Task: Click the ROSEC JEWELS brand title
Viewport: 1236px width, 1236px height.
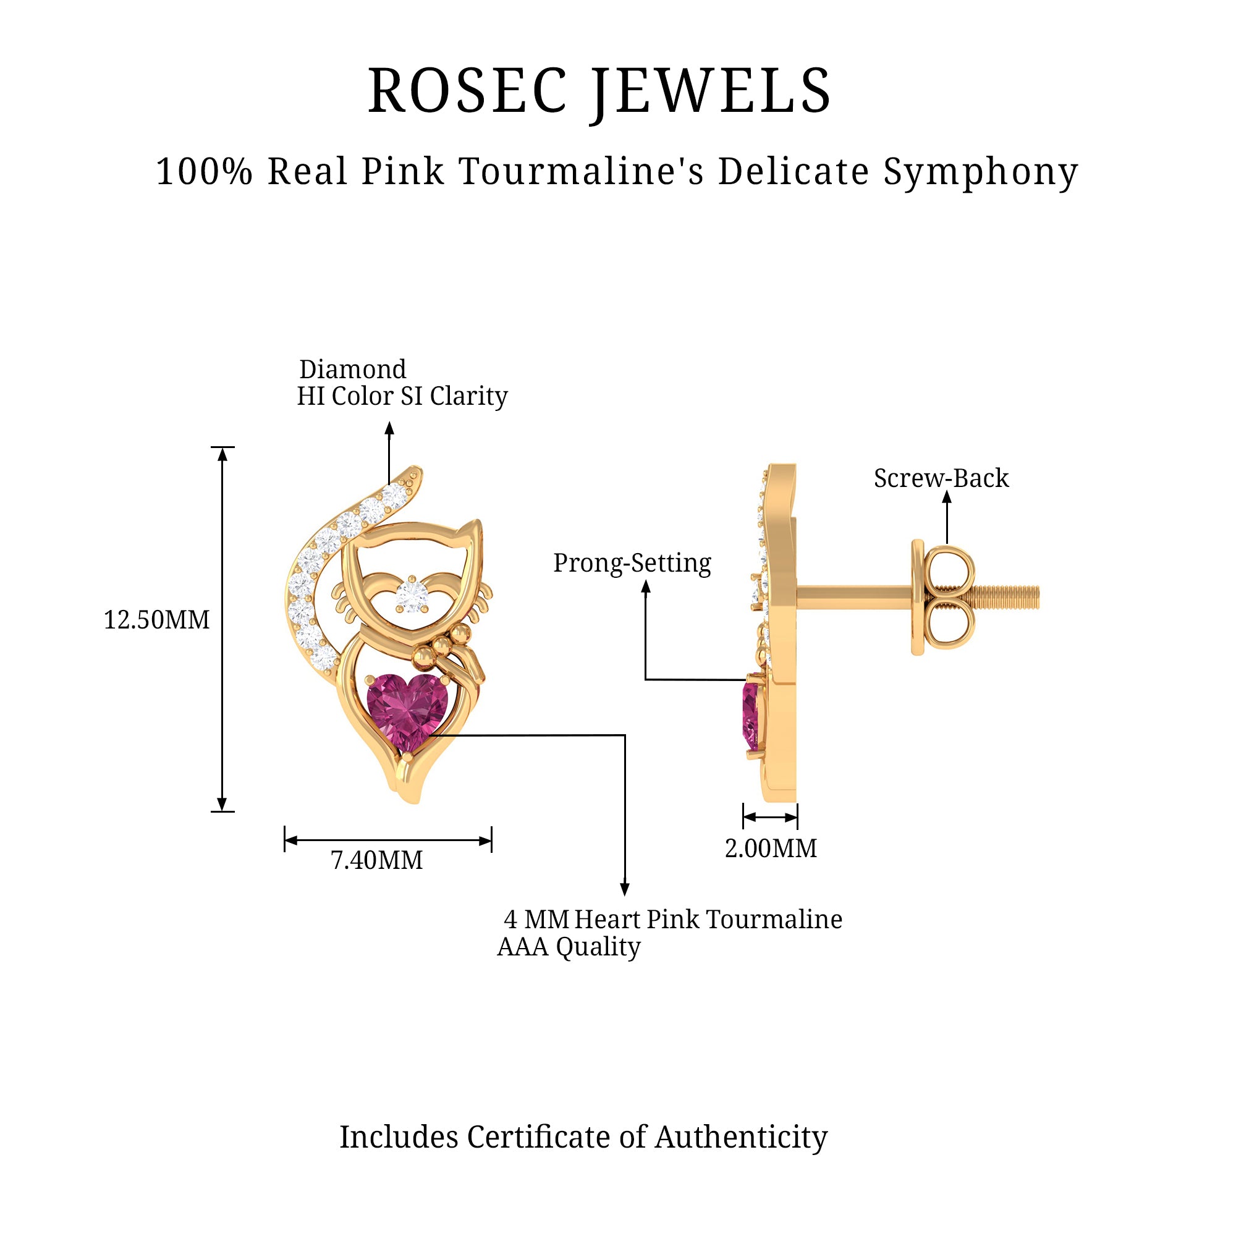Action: [x=599, y=92]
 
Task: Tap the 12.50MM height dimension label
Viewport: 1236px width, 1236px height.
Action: [x=157, y=620]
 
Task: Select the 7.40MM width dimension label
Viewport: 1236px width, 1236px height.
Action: [x=377, y=860]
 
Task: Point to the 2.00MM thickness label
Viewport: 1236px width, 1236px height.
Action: [x=771, y=849]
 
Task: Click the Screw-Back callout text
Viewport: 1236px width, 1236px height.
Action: [x=941, y=478]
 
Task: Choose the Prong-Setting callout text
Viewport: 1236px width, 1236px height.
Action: [x=632, y=563]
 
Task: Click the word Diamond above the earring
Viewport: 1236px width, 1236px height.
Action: [x=352, y=370]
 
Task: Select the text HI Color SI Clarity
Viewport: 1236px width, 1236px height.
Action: [x=402, y=397]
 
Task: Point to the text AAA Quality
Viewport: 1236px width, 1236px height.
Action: [x=569, y=947]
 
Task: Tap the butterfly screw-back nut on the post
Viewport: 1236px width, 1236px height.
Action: [x=946, y=597]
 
